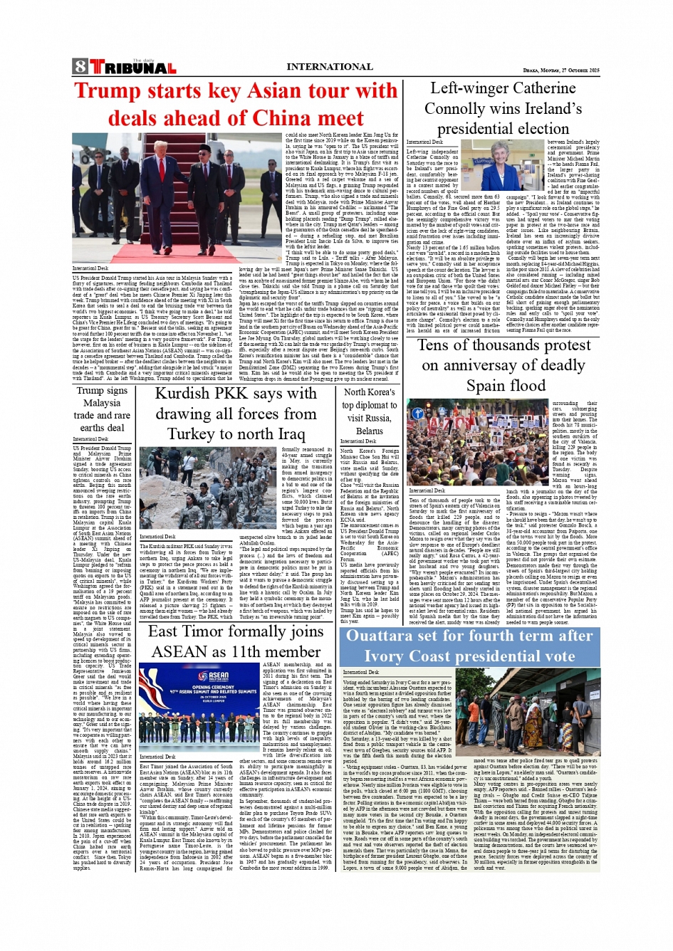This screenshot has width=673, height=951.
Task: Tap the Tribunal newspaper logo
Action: [x=132, y=68]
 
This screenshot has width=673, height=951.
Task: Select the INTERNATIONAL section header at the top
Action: [x=329, y=66]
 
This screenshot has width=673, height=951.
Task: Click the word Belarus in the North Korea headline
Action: [x=369, y=431]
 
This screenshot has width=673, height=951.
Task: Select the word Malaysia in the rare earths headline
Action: [x=102, y=403]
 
